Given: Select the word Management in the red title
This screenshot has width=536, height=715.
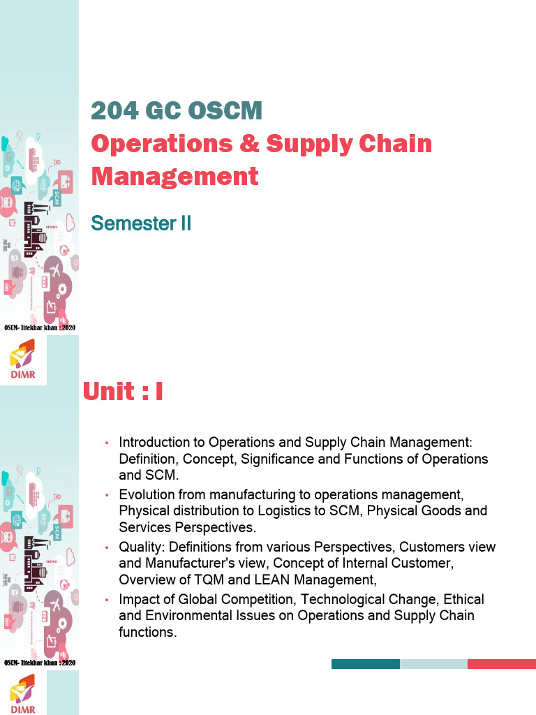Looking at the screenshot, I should click(x=174, y=176).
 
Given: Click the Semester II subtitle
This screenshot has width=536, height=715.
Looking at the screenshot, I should click(x=141, y=223).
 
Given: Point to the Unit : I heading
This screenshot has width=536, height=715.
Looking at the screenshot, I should click(x=123, y=392).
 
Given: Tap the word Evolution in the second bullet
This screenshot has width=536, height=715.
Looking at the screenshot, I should click(x=146, y=494).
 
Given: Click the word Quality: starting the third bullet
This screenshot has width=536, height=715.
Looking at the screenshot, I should click(x=142, y=546).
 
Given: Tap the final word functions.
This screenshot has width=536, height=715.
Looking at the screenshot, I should click(x=147, y=633).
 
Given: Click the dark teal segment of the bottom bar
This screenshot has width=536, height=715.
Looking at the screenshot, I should click(x=365, y=664).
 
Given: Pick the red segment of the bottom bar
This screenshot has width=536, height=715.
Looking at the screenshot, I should click(x=501, y=664).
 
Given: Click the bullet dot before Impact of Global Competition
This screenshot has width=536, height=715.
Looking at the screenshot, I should click(x=107, y=600).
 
